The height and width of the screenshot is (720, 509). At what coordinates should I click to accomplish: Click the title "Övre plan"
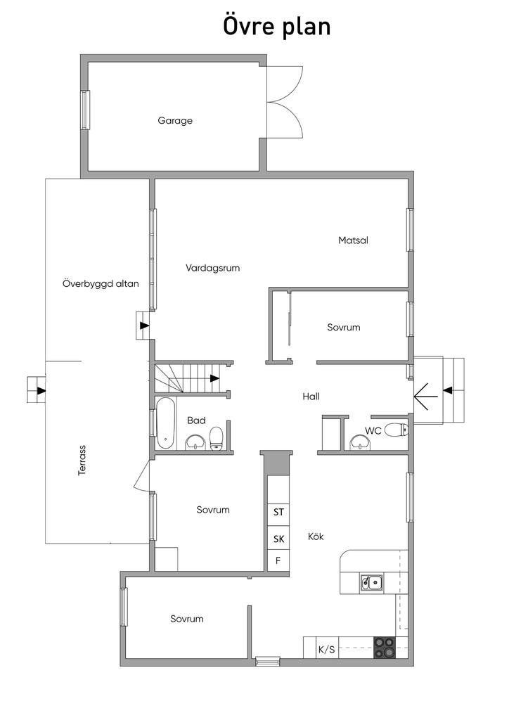tap(277, 27)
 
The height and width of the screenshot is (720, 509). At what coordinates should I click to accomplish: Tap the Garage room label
tap(175, 120)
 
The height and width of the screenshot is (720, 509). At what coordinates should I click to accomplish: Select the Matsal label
tap(353, 240)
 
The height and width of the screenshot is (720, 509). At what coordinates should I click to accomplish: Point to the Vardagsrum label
tap(213, 268)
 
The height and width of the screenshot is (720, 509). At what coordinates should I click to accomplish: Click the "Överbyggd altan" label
tap(101, 284)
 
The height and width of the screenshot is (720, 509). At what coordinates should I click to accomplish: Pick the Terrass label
tap(82, 461)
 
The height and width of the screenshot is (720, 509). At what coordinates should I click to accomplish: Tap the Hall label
tap(311, 397)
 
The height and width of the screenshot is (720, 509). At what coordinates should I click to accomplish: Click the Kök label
tap(316, 536)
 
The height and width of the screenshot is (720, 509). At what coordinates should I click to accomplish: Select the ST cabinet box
tap(278, 512)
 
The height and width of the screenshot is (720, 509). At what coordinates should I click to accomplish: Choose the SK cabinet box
tap(278, 539)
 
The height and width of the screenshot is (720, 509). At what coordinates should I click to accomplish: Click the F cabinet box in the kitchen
tap(278, 561)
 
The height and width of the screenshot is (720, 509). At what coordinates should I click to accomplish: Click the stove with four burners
tap(384, 648)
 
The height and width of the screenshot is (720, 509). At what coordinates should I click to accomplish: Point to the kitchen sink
tap(371, 581)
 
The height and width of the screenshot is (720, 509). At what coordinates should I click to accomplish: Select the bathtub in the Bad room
tap(166, 423)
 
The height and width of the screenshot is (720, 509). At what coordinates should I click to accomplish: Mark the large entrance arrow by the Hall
tap(425, 399)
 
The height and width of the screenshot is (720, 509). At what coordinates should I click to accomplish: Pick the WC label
tap(373, 431)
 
